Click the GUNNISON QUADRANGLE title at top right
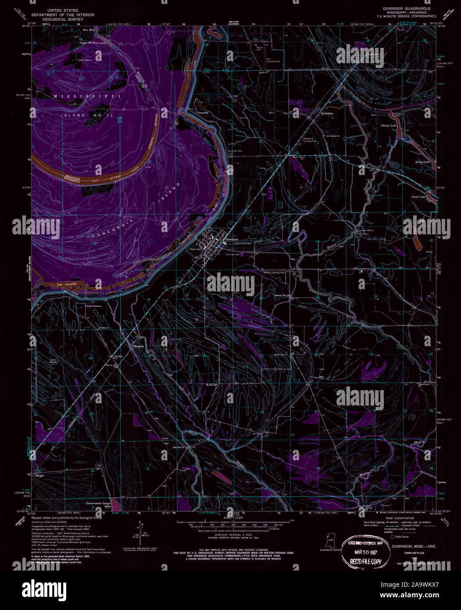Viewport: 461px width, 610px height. (406, 8)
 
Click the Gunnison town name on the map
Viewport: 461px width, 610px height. (232, 239)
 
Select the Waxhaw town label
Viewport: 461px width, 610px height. (139, 346)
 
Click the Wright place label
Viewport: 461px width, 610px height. (39, 475)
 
